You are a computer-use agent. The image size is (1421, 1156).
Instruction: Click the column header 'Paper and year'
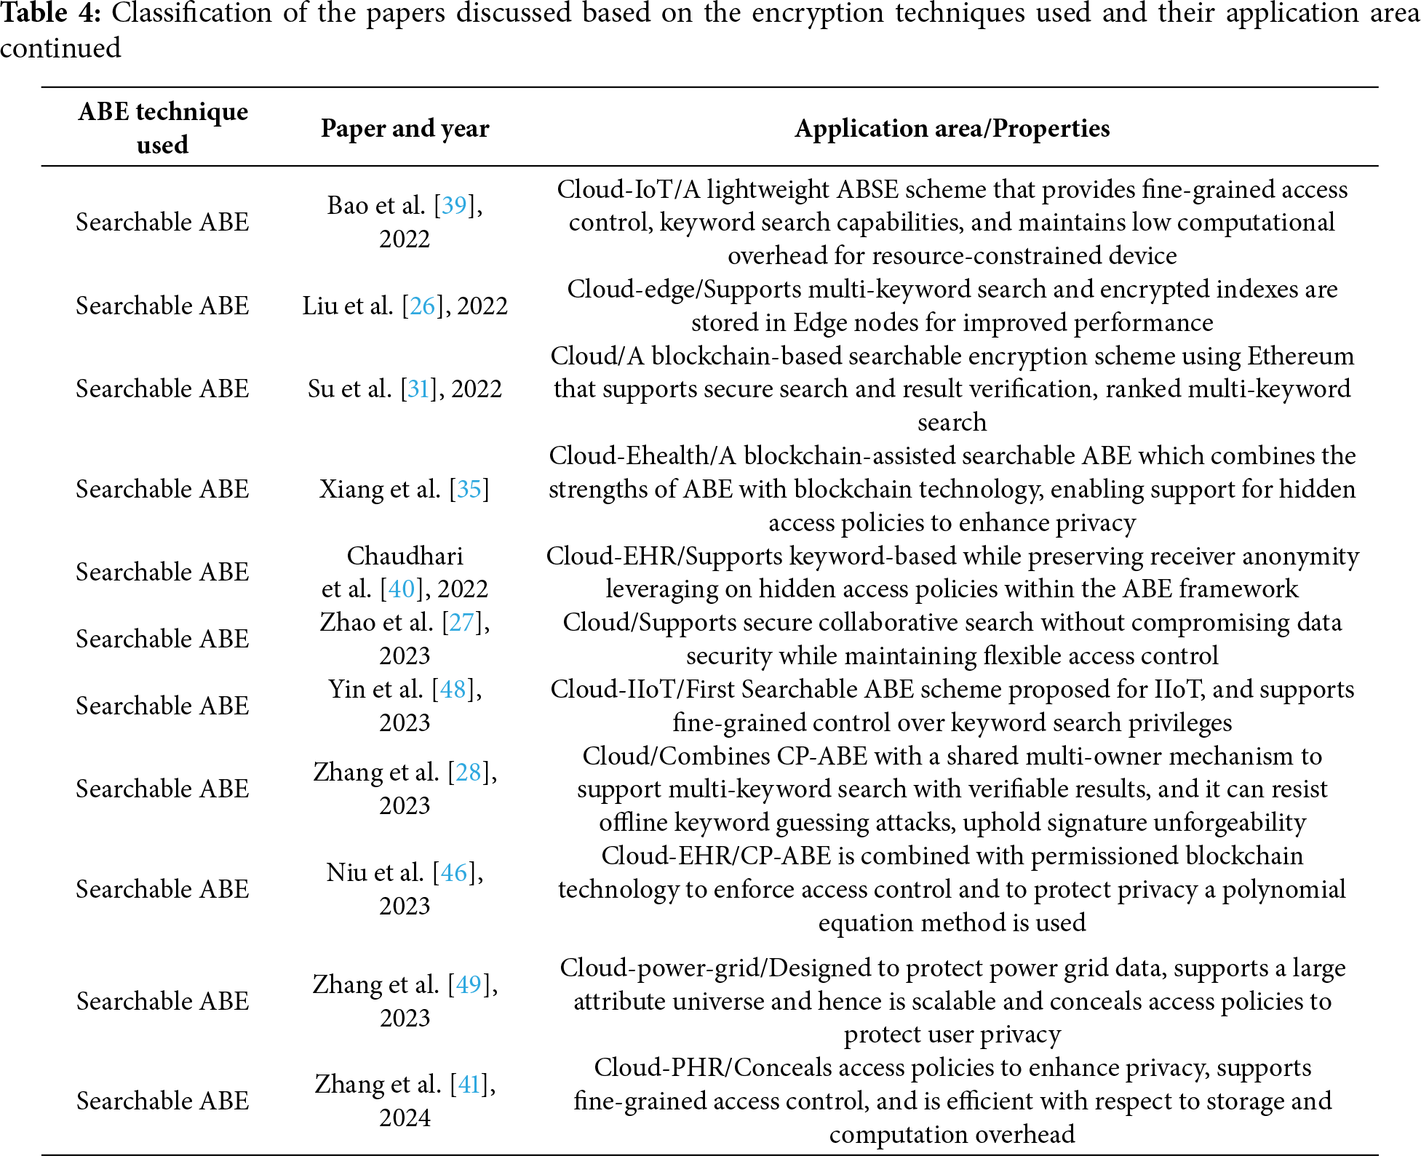click(405, 128)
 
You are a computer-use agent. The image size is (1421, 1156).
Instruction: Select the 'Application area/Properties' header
click(952, 128)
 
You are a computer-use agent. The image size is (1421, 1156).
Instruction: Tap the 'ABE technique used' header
click(163, 127)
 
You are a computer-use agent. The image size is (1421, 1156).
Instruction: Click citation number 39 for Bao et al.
click(454, 205)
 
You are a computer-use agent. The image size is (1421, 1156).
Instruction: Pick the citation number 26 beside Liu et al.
click(423, 306)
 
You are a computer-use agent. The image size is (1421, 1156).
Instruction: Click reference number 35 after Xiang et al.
click(469, 489)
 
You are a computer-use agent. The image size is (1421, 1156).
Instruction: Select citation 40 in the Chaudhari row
click(402, 589)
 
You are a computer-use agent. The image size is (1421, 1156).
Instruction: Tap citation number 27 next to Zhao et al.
click(461, 622)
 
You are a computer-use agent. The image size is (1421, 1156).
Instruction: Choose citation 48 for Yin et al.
click(453, 689)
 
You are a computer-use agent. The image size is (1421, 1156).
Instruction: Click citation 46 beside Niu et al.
click(453, 872)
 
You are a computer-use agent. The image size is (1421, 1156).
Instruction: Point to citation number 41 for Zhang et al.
click(469, 1084)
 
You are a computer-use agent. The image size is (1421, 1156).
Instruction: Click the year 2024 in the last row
click(405, 1117)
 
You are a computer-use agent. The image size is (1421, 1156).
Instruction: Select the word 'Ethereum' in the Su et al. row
click(1300, 356)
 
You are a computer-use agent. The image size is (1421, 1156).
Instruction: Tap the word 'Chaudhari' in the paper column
click(405, 556)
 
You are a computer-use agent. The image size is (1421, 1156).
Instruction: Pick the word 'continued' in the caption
click(60, 48)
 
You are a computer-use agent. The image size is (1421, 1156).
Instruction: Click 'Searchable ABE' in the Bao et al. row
click(162, 222)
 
